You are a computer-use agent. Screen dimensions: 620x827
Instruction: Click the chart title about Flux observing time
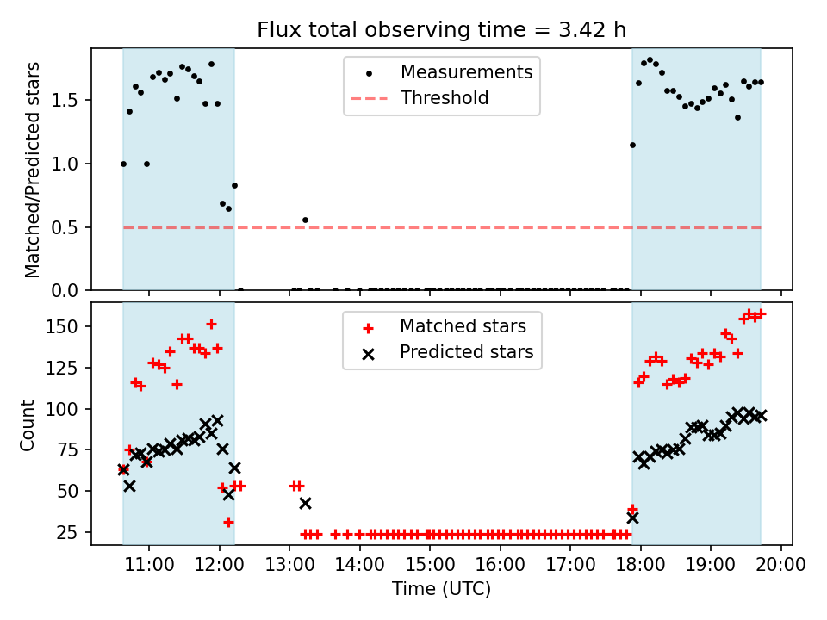[x=441, y=30]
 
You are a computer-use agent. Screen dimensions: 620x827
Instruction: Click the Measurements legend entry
[x=466, y=72]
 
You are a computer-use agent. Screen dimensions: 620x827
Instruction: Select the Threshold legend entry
[x=444, y=98]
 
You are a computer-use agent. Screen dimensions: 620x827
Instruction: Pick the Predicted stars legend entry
[x=466, y=352]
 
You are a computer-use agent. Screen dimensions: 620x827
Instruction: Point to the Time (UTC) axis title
[x=441, y=589]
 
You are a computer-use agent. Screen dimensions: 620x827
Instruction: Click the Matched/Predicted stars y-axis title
[x=33, y=170]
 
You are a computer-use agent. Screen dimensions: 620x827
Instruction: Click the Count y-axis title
[x=28, y=425]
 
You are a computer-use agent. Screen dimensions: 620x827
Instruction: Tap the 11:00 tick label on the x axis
[x=149, y=566]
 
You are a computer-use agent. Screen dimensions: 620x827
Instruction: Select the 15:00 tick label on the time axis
[x=430, y=566]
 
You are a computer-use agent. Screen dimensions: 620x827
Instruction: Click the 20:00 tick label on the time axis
[x=781, y=566]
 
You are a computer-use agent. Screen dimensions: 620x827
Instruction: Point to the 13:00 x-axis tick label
[x=289, y=566]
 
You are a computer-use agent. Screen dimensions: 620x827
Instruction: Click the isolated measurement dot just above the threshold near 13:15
[x=305, y=220]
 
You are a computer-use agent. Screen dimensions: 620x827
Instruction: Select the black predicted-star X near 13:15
[x=305, y=503]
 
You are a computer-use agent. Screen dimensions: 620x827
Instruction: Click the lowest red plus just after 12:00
[x=228, y=522]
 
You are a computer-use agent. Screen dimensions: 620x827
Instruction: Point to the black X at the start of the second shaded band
[x=632, y=518]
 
